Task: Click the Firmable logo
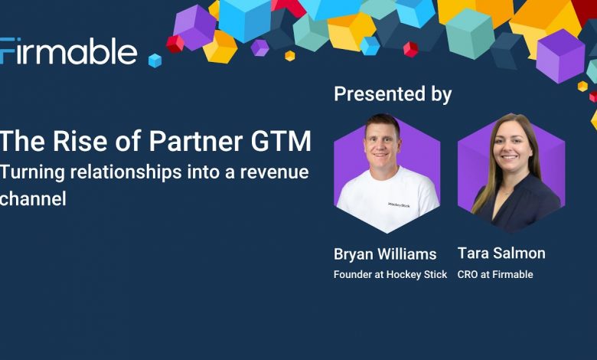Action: [69, 51]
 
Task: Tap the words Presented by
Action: [393, 94]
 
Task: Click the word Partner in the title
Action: [196, 141]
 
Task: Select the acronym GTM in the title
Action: [281, 141]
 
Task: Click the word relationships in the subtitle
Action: [126, 172]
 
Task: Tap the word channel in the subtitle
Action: [33, 198]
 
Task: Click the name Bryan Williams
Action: [385, 254]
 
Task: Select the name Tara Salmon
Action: [501, 253]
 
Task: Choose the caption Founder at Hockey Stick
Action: [390, 274]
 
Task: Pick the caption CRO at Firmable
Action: [495, 274]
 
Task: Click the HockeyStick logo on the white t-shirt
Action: [399, 205]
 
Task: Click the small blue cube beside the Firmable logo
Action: [155, 61]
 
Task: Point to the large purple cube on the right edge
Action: [560, 56]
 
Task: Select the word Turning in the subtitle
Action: [33, 172]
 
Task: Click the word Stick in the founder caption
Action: [436, 274]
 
